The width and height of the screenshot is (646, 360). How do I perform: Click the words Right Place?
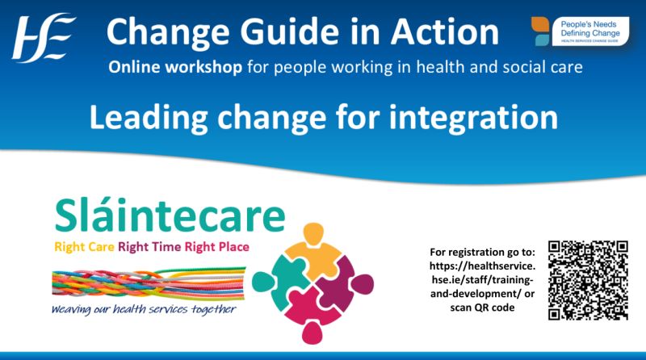(x=220, y=246)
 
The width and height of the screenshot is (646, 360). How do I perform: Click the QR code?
(x=588, y=280)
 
